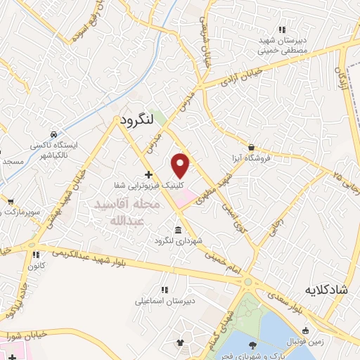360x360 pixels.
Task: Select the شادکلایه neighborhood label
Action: click(x=326, y=290)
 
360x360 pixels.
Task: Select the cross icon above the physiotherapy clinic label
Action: click(x=148, y=174)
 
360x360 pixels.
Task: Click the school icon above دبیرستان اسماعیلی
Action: click(x=164, y=289)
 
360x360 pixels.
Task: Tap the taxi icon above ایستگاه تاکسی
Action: click(x=53, y=134)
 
